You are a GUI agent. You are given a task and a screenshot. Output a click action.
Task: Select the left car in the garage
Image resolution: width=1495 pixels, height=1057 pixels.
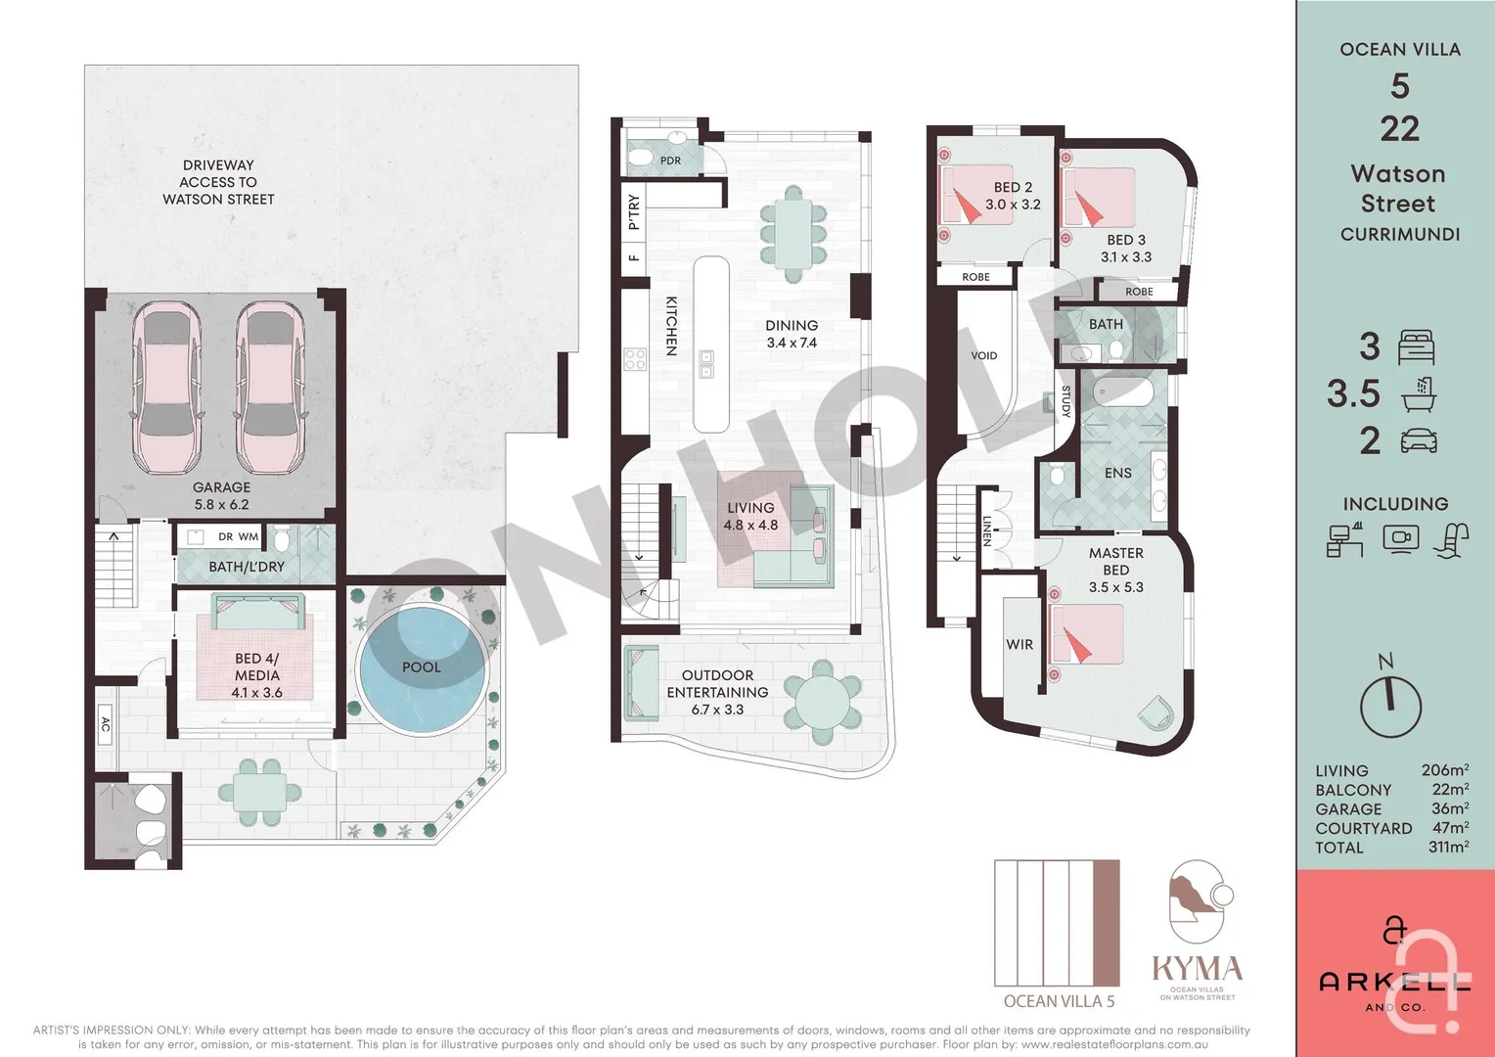(x=166, y=386)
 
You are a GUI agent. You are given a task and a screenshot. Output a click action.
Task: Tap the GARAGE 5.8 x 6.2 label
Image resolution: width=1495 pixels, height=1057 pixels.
(x=221, y=496)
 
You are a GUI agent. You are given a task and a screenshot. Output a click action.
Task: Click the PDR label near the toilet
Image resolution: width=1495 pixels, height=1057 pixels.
(x=670, y=161)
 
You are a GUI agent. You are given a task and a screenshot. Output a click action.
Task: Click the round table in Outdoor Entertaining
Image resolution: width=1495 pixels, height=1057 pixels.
(x=823, y=701)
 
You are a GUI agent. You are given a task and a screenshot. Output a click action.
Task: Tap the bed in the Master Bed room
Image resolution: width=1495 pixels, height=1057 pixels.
(x=1085, y=634)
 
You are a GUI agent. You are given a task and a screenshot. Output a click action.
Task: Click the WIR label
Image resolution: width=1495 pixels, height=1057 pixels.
(x=1019, y=645)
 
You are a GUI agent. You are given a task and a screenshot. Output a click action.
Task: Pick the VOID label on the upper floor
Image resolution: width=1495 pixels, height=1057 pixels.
(x=984, y=355)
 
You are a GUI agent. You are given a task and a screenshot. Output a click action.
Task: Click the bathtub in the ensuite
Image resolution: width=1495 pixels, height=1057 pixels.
(x=1124, y=391)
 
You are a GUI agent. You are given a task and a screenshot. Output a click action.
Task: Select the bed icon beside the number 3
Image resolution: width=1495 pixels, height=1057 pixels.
(x=1417, y=347)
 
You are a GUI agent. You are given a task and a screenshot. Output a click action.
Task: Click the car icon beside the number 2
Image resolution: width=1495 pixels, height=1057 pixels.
(x=1419, y=441)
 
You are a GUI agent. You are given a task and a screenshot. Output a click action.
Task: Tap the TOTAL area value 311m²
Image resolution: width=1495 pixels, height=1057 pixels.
(x=1447, y=848)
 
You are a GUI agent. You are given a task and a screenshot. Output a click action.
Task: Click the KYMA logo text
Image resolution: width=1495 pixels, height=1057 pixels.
(x=1197, y=969)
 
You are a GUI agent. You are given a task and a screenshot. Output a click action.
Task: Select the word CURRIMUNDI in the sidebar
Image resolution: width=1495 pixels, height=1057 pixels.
(x=1400, y=235)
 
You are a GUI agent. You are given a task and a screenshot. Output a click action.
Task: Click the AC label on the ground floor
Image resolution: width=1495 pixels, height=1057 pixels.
(x=106, y=725)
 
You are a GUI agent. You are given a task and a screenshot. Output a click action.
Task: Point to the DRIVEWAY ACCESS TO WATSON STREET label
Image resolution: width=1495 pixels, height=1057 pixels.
(x=218, y=182)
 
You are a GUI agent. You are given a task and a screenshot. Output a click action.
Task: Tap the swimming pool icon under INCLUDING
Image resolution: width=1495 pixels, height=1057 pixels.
(x=1452, y=540)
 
